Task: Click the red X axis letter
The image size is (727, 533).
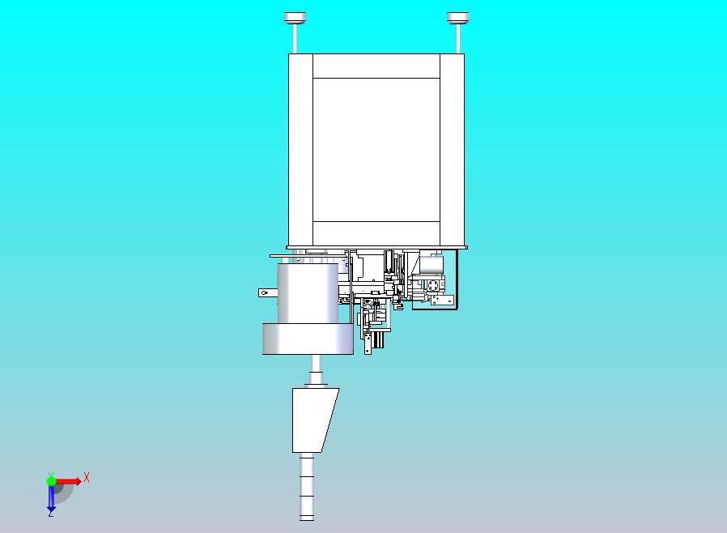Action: pyautogui.click(x=87, y=478)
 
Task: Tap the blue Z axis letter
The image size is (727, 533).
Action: pyautogui.click(x=50, y=513)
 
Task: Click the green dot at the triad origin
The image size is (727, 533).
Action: pyautogui.click(x=51, y=481)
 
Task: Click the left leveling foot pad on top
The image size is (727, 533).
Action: pyautogui.click(x=295, y=17)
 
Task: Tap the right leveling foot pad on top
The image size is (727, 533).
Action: pyautogui.click(x=458, y=17)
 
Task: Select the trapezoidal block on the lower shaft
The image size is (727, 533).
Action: pyautogui.click(x=313, y=419)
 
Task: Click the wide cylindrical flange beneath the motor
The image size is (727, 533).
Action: pyautogui.click(x=308, y=339)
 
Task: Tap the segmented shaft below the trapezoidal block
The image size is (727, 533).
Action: pyautogui.click(x=307, y=486)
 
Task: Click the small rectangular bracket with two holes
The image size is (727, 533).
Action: pyautogui.click(x=440, y=301)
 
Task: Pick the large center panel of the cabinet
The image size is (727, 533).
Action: pyautogui.click(x=376, y=149)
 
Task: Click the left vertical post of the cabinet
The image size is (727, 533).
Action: pyautogui.click(x=300, y=149)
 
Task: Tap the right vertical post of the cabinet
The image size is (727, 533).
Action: pyautogui.click(x=452, y=149)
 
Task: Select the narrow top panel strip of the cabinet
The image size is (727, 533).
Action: pyautogui.click(x=376, y=66)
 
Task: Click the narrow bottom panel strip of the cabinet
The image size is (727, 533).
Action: pyautogui.click(x=376, y=232)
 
